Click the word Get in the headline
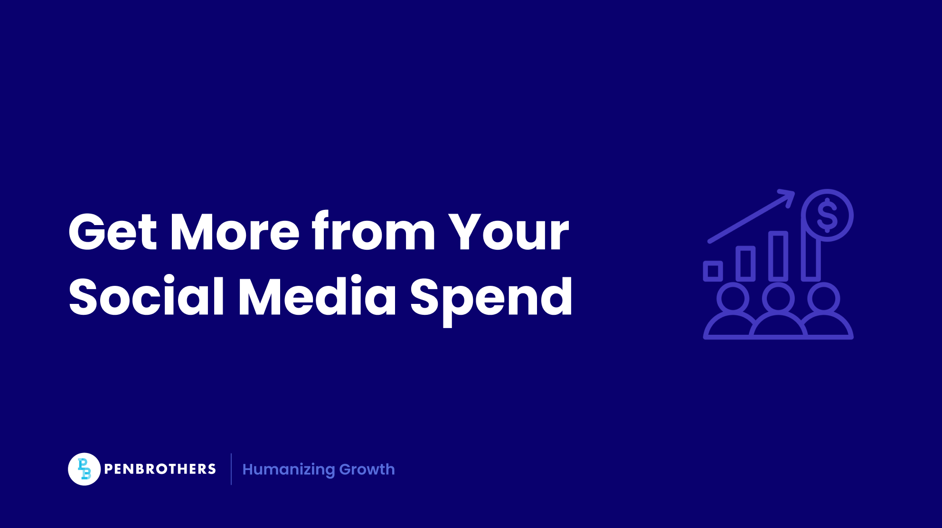(x=113, y=232)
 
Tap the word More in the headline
(x=235, y=232)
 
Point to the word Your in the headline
(x=509, y=232)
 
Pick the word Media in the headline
(x=317, y=296)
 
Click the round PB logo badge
(x=84, y=469)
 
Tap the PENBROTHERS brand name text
(x=160, y=469)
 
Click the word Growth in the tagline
(x=367, y=469)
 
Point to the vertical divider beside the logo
(x=231, y=469)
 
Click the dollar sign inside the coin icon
(x=827, y=215)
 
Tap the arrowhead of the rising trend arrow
(x=788, y=195)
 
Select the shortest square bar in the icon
(x=713, y=271)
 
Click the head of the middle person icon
(x=778, y=299)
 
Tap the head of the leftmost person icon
(x=733, y=299)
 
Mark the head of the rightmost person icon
(x=824, y=299)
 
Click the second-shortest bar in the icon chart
(x=745, y=264)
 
